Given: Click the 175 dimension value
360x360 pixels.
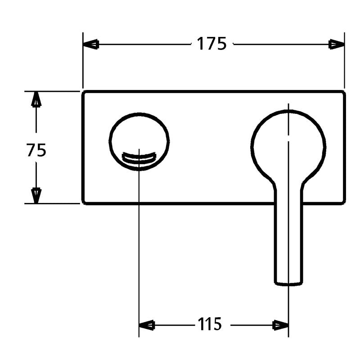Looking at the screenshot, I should (x=211, y=44).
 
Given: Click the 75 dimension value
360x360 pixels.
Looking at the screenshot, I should (x=36, y=150).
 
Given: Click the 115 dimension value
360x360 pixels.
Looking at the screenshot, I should (x=209, y=324).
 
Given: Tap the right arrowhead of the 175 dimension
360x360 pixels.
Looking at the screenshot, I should (x=337, y=44).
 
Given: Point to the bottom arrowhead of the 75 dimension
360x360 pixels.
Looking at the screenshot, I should (x=36, y=195).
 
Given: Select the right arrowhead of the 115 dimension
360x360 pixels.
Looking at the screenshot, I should (x=281, y=324).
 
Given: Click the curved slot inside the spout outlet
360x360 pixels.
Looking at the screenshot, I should (x=139, y=158).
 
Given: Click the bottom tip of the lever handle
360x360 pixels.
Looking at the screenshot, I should (x=288, y=283).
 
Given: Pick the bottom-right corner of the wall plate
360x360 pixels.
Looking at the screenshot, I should (x=344, y=203).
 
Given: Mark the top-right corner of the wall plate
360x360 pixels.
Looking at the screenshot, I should (x=344, y=92).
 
